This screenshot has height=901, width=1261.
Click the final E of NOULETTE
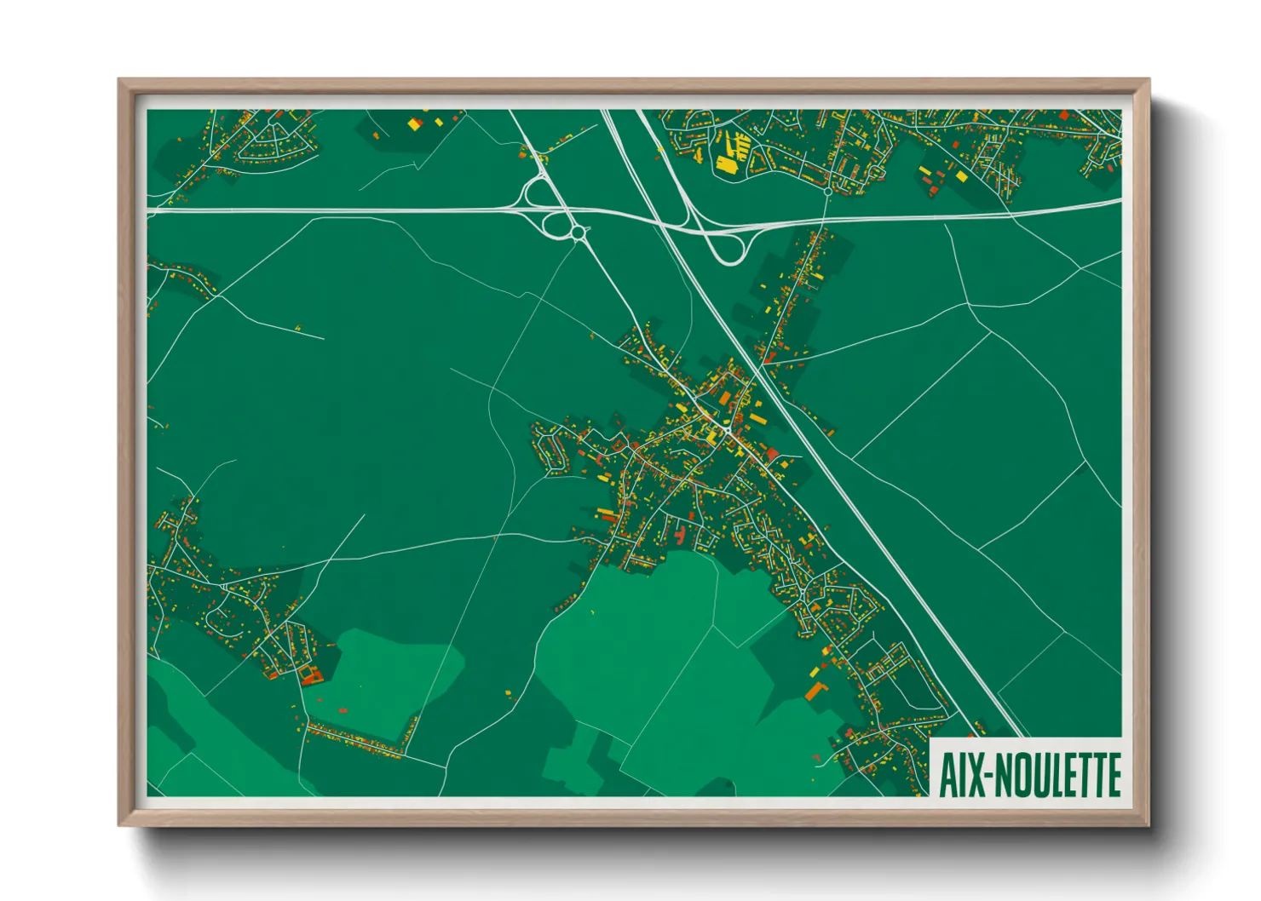click(1112, 774)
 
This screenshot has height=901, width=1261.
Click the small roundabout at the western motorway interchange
click(578, 232)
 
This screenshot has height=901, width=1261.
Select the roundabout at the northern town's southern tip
click(827, 192)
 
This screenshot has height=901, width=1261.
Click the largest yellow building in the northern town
click(727, 164)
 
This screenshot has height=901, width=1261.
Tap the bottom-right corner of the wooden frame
click(1148, 824)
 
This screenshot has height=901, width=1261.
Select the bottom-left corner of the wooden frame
click(120, 824)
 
